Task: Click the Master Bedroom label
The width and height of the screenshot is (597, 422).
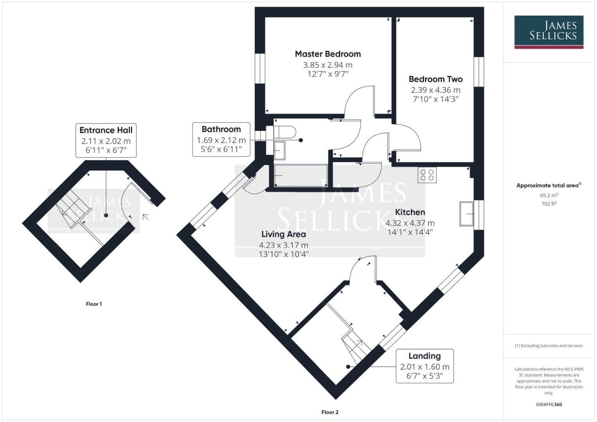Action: [328, 54]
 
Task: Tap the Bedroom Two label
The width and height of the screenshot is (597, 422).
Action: [436, 79]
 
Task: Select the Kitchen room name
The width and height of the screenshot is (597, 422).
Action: [410, 212]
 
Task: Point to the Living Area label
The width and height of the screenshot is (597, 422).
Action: [283, 234]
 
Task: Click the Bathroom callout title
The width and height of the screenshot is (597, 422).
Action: [221, 129]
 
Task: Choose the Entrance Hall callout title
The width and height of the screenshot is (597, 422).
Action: [106, 131]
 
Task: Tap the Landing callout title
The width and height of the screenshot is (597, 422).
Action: [425, 356]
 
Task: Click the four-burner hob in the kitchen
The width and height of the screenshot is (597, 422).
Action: [427, 175]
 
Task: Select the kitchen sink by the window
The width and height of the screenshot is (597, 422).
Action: [466, 214]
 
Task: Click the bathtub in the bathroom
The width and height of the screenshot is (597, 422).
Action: [300, 175]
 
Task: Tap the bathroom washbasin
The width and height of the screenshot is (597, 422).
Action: [279, 150]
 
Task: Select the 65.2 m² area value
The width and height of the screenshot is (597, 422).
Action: [549, 195]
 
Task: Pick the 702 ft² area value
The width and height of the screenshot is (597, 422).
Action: [549, 204]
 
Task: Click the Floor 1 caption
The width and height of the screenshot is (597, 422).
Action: [94, 304]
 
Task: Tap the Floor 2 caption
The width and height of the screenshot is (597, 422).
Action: [330, 412]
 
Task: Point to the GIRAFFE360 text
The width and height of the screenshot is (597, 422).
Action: [549, 404]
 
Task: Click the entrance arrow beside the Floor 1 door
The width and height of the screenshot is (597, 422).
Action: [145, 217]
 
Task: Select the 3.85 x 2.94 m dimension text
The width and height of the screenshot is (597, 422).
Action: [328, 65]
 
